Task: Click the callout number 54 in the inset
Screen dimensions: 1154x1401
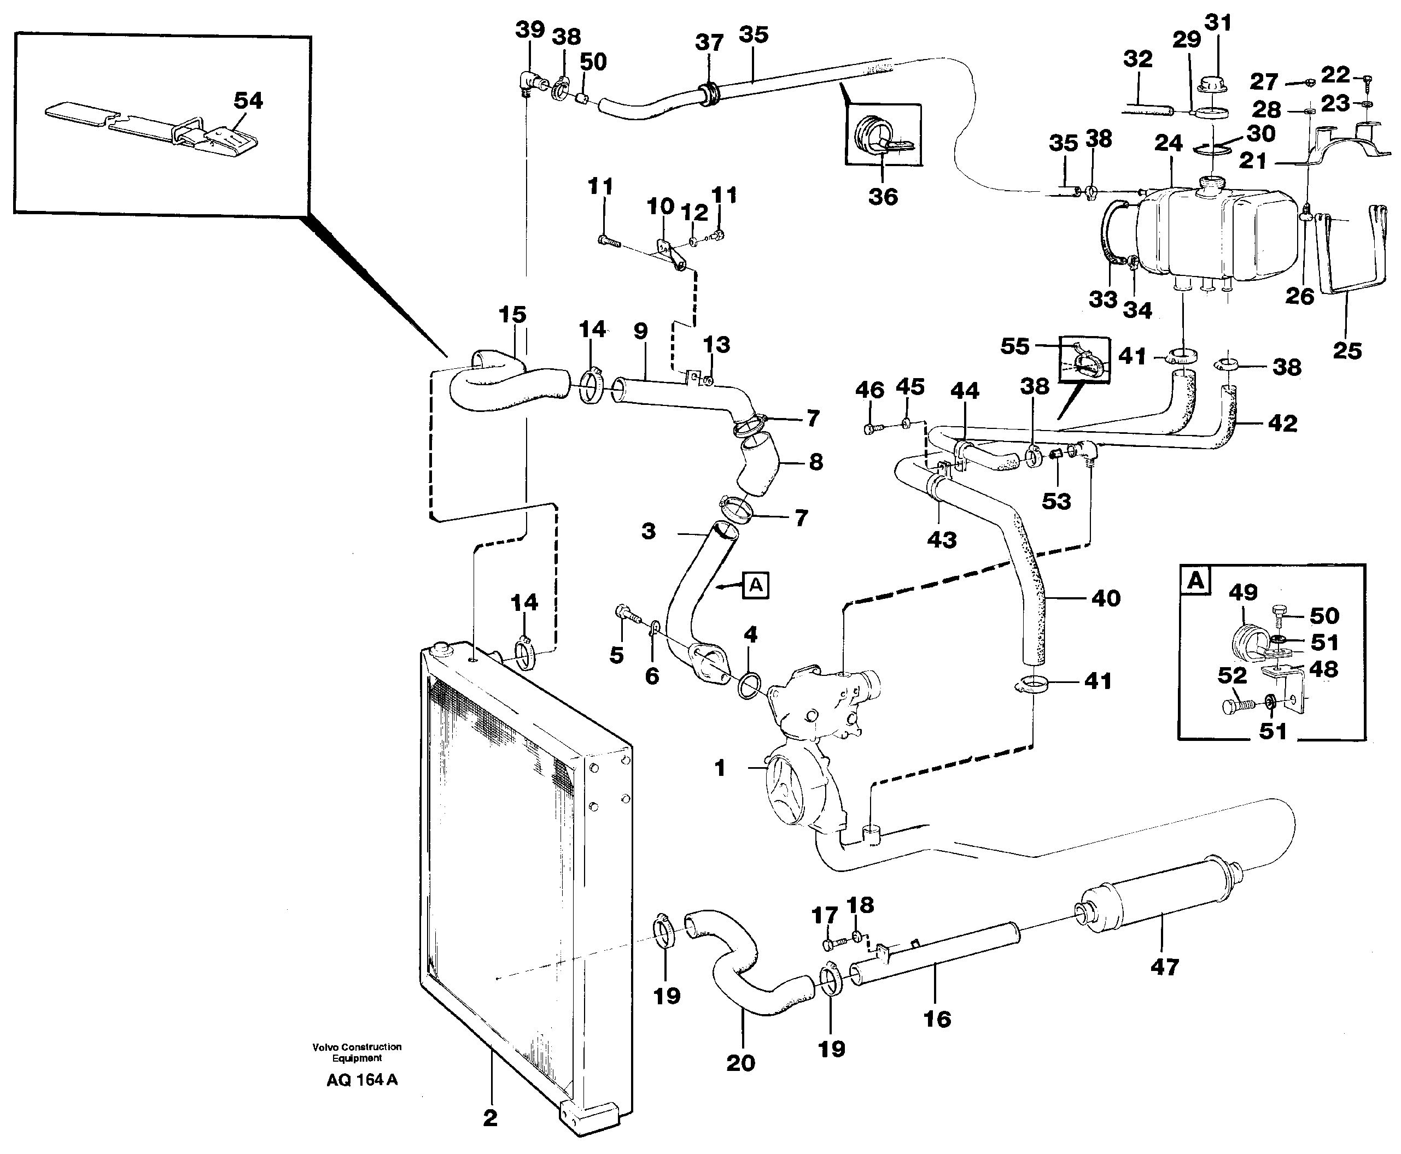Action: [x=248, y=101]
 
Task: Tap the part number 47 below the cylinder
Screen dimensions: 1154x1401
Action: [x=1164, y=967]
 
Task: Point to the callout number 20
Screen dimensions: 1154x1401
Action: [x=740, y=1062]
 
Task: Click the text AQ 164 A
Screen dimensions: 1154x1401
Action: [x=362, y=1080]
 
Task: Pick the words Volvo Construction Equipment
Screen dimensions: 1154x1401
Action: [x=357, y=1052]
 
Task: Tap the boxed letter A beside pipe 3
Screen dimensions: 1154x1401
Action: [x=756, y=586]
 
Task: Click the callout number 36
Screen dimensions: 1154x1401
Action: [x=883, y=197]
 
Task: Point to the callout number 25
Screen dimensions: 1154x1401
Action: [x=1347, y=351]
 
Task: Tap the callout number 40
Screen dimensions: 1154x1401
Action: [x=1106, y=598]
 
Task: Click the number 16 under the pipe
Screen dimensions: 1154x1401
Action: [x=937, y=1018]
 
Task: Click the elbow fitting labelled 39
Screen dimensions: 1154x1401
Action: [x=530, y=83]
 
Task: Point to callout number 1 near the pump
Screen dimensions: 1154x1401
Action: [x=719, y=768]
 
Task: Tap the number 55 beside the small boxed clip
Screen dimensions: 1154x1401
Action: [x=1014, y=346]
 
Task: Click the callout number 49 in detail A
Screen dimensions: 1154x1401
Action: [x=1242, y=592]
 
